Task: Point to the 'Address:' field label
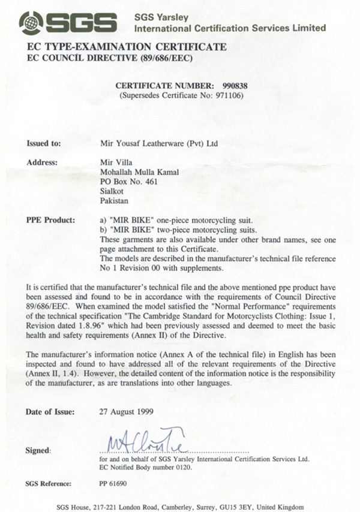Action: click(x=42, y=162)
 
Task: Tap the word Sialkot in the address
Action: click(x=111, y=192)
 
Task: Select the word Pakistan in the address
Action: click(x=113, y=201)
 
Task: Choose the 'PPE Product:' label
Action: click(x=50, y=220)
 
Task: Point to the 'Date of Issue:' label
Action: click(x=50, y=412)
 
